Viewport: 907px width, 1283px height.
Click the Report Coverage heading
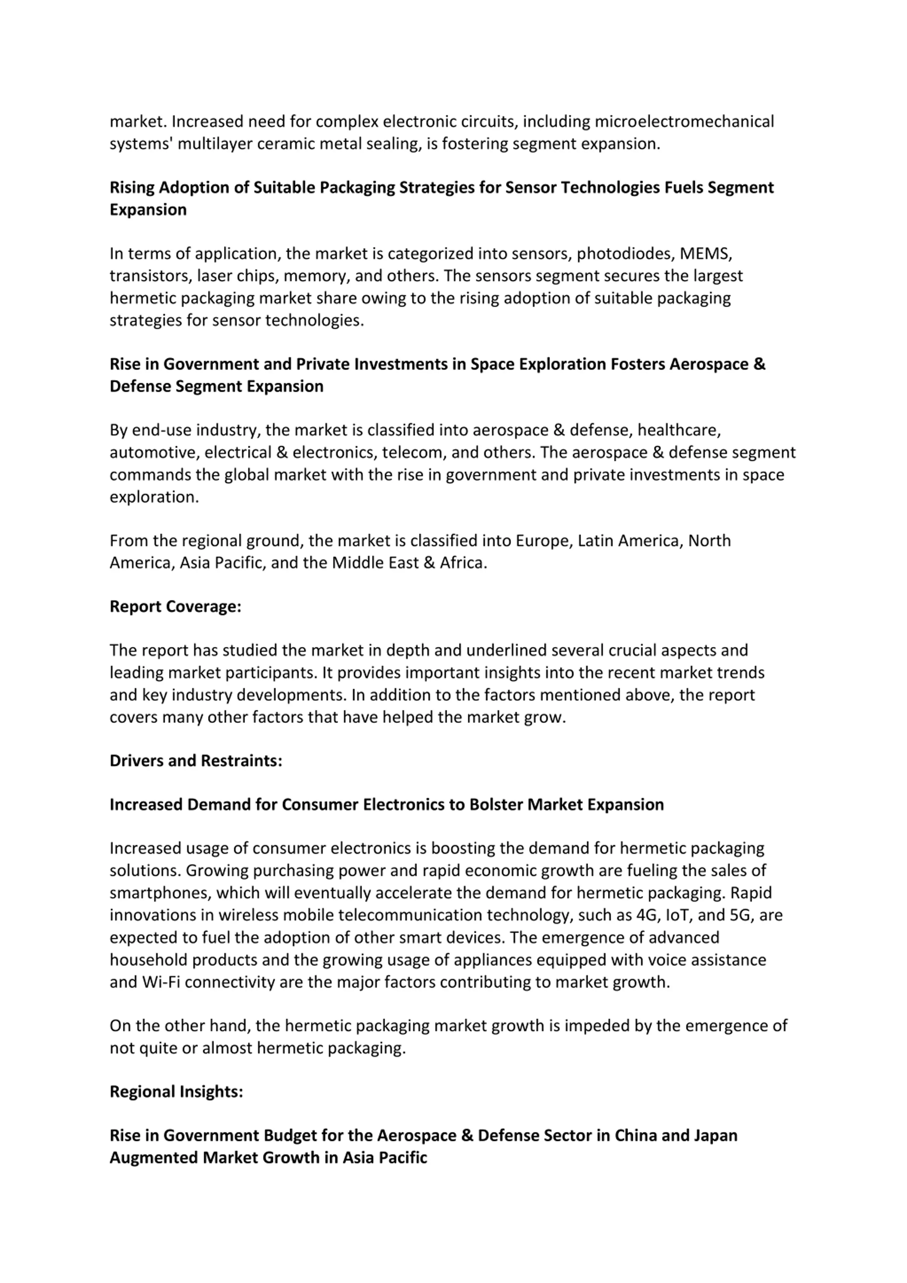point(175,606)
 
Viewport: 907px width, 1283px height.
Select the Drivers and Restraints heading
point(196,760)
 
